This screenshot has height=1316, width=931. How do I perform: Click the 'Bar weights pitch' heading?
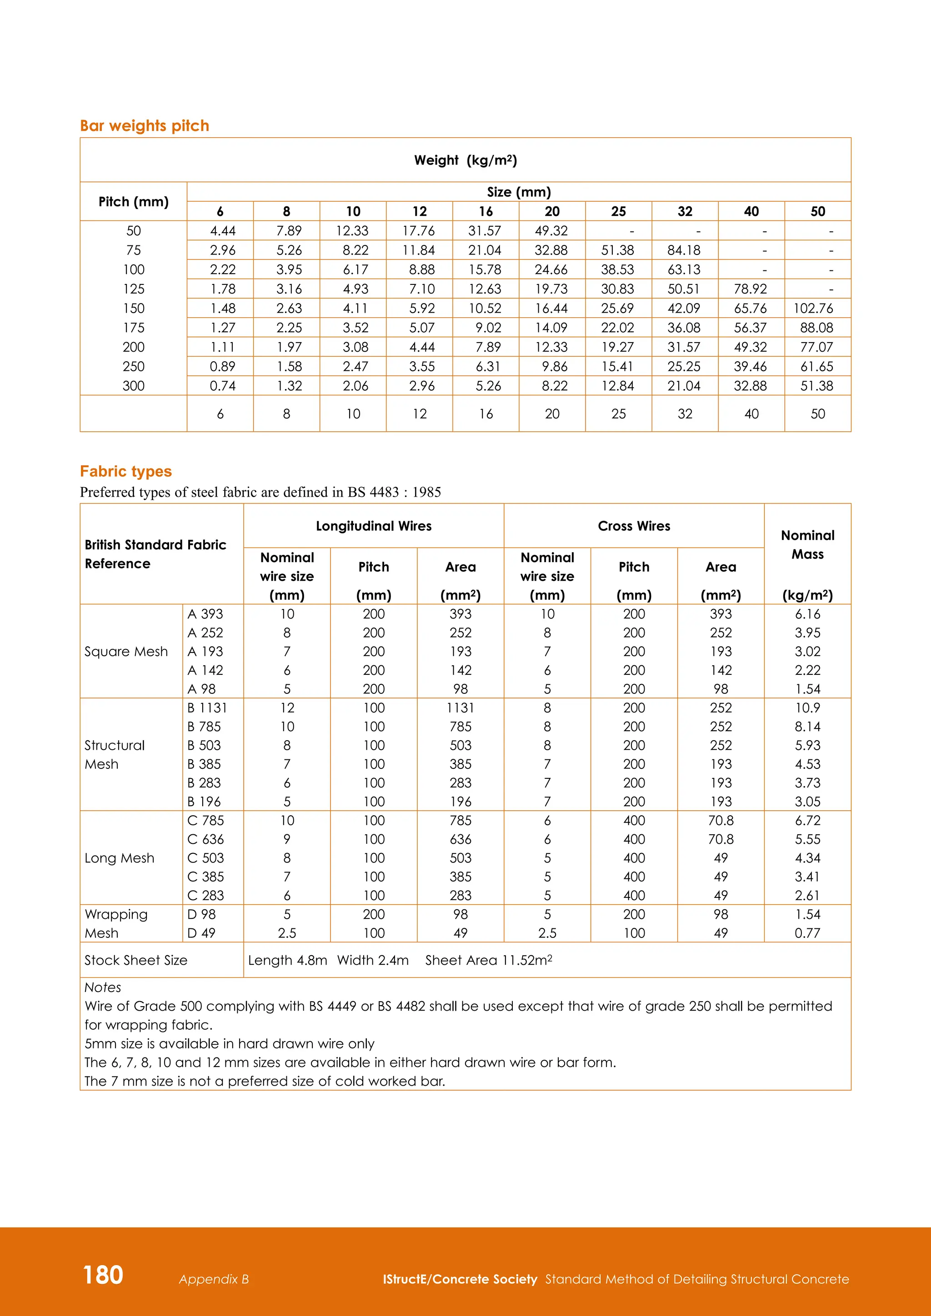point(145,125)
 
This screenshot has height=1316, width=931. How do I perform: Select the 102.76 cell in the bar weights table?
point(813,309)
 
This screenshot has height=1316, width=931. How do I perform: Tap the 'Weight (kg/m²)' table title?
point(465,160)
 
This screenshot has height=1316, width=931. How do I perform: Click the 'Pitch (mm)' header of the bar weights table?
point(134,202)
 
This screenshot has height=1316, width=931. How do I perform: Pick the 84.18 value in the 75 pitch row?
point(683,250)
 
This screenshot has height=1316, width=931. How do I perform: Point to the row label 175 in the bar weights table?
point(134,328)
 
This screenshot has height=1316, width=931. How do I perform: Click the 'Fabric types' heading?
point(125,471)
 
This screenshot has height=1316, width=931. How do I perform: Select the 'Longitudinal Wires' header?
point(373,526)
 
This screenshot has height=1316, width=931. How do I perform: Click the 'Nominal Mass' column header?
point(807,544)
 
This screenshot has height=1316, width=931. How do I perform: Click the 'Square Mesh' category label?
point(126,652)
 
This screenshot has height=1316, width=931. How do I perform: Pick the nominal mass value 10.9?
point(807,708)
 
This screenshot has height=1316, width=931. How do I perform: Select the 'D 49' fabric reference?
point(201,933)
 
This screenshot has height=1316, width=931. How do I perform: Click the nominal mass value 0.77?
point(807,933)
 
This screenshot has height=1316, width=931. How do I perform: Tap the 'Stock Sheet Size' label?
point(136,960)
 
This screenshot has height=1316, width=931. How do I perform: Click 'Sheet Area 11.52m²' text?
point(488,960)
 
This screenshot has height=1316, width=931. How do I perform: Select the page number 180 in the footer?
point(103,1275)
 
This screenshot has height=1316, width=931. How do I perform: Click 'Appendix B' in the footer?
point(214,1279)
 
